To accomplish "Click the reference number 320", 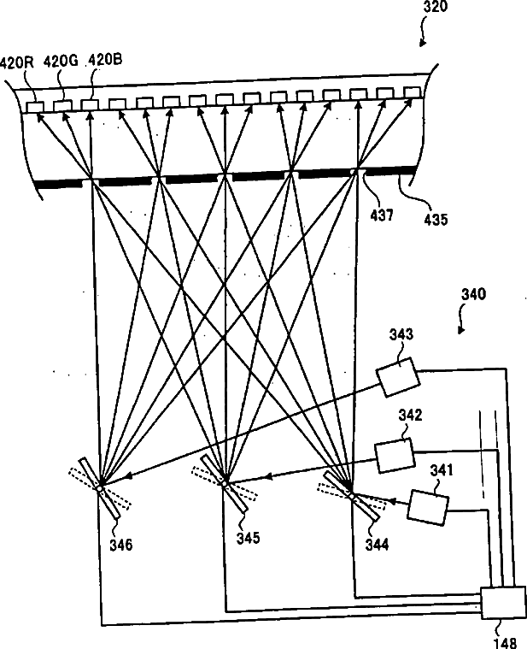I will coord(434,8).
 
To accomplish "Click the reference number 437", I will coord(382,216).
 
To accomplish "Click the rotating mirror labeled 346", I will coord(101,487).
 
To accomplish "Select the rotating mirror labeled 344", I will coord(350,493).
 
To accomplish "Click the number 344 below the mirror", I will coord(375,543).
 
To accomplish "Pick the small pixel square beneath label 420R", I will coord(34,106).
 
